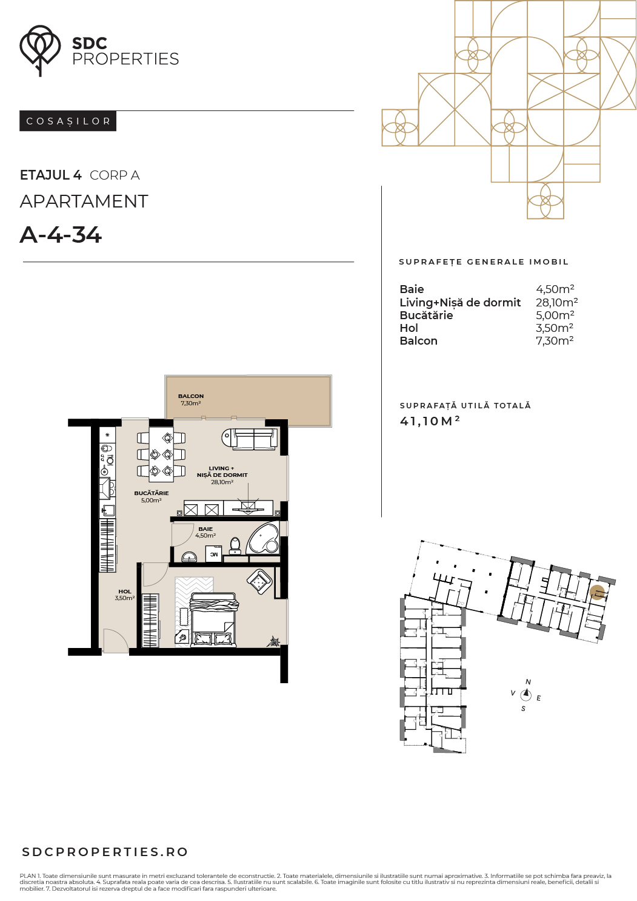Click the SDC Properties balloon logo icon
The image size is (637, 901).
[x=40, y=50]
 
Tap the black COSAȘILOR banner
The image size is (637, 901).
[x=68, y=121]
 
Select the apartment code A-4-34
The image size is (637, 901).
[x=61, y=235]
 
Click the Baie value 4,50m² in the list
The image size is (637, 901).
[x=555, y=289]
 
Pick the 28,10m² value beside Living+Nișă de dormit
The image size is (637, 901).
[x=556, y=302]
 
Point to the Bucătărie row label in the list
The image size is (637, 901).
[x=426, y=315]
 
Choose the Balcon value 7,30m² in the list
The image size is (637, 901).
[x=555, y=341]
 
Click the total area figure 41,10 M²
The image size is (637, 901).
[x=430, y=421]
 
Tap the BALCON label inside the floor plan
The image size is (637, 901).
[x=191, y=396]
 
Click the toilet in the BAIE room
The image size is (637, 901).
[x=235, y=546]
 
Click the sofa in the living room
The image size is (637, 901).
[x=250, y=439]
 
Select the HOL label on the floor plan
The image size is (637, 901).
[x=125, y=592]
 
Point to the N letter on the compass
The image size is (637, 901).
[x=528, y=682]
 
